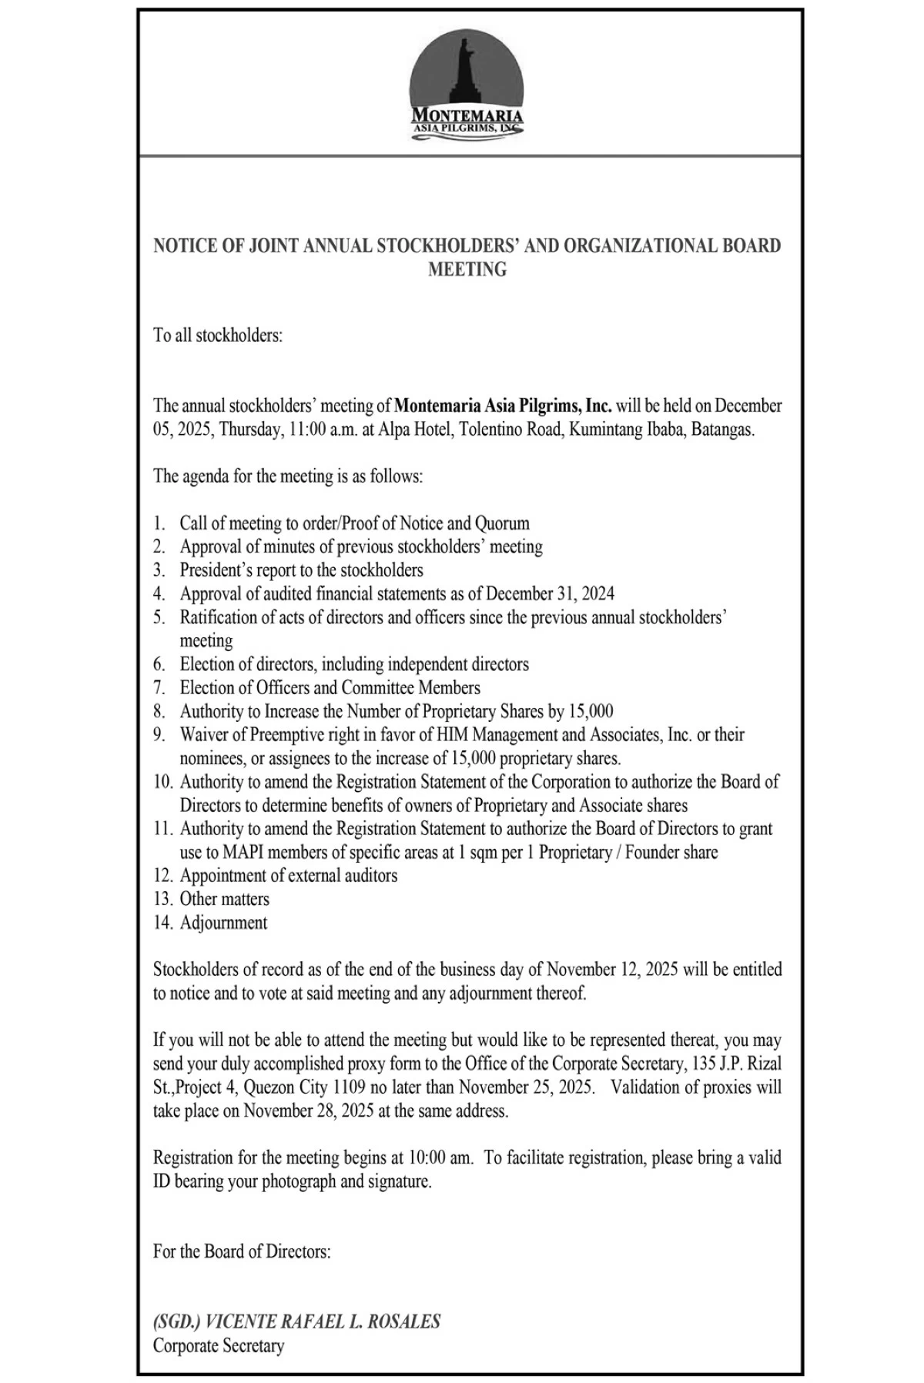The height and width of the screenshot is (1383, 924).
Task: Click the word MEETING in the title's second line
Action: tap(467, 269)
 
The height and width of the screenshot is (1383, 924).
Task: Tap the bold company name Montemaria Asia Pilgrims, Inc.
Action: tap(503, 406)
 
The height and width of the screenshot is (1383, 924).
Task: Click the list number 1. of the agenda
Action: tap(159, 523)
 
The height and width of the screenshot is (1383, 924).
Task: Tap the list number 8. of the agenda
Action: tap(159, 711)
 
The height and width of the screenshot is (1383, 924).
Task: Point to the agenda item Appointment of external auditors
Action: tap(289, 876)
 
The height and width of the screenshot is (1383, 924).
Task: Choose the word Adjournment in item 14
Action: tap(224, 923)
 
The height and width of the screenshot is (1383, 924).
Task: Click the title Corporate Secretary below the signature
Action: tap(219, 1346)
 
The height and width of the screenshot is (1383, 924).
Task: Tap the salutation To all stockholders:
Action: tap(218, 336)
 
